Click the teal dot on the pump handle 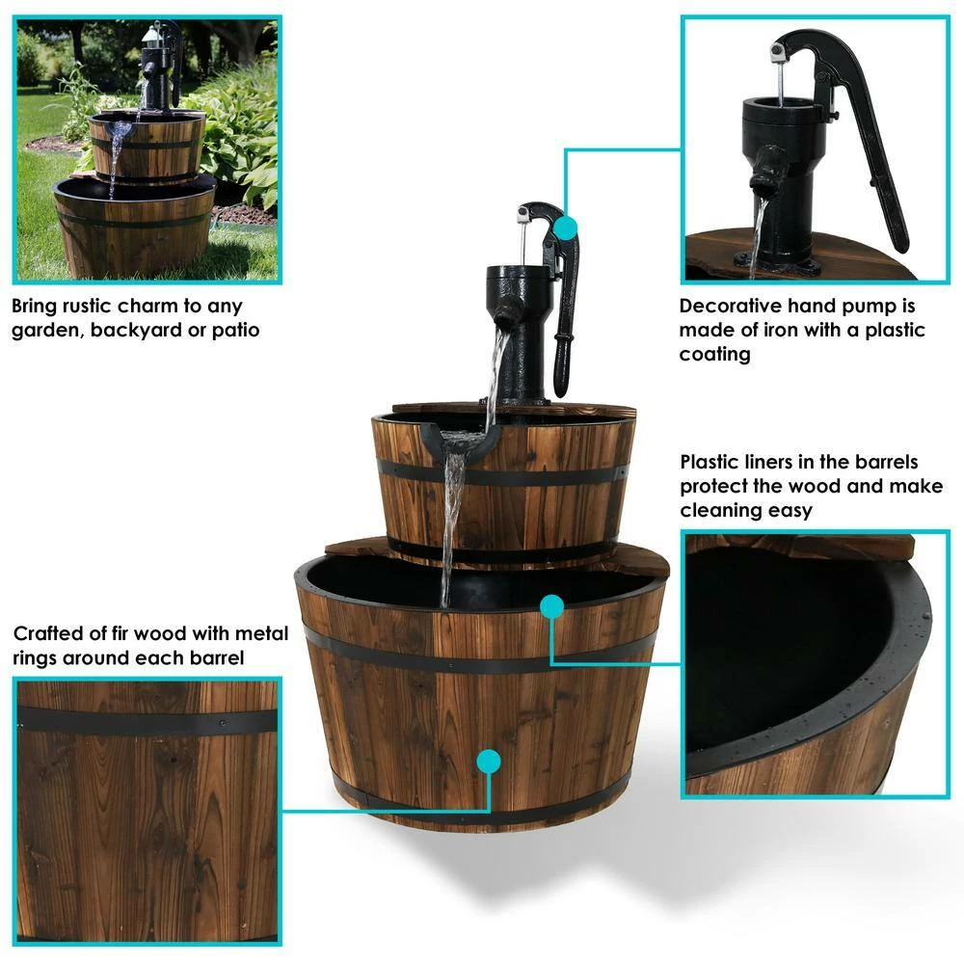click(566, 228)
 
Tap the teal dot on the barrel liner click(551, 606)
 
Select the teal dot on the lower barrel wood click(490, 762)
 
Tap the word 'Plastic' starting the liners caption click(710, 462)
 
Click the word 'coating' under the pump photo click(714, 354)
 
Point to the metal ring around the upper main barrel click(501, 475)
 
